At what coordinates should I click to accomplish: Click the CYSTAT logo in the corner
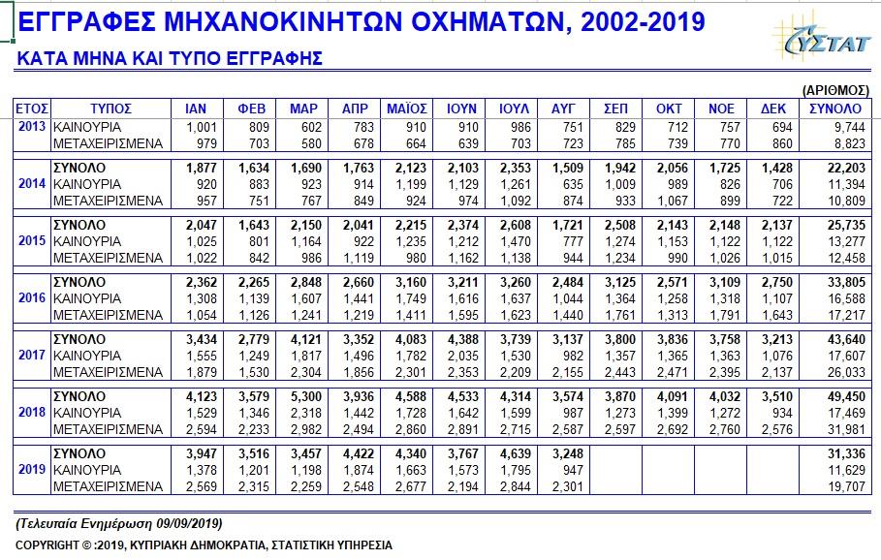pos(823,37)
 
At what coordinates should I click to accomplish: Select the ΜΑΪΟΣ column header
pos(407,109)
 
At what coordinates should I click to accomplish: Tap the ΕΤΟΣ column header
pos(32,109)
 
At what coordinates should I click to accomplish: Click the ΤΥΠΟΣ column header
pos(110,109)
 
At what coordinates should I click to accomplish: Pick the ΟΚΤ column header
pos(669,109)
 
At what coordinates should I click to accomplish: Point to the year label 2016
pos(32,297)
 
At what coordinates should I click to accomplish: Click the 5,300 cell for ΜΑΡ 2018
pos(306,396)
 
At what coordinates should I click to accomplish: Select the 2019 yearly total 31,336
pos(846,453)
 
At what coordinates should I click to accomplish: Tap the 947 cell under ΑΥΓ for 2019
pos(573,470)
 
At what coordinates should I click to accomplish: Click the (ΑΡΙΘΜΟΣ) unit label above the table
pos(835,90)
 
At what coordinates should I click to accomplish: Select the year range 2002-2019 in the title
pos(643,22)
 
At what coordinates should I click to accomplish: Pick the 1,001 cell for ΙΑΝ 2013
pos(202,128)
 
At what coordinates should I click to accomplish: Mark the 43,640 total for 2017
pos(846,339)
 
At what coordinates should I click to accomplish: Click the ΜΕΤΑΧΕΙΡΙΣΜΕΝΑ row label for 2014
pos(108,202)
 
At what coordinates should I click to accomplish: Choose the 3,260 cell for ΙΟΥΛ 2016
pos(516,283)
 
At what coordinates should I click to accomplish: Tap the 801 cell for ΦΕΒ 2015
pos(259,241)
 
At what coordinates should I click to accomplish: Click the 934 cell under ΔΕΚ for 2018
pos(781,413)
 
